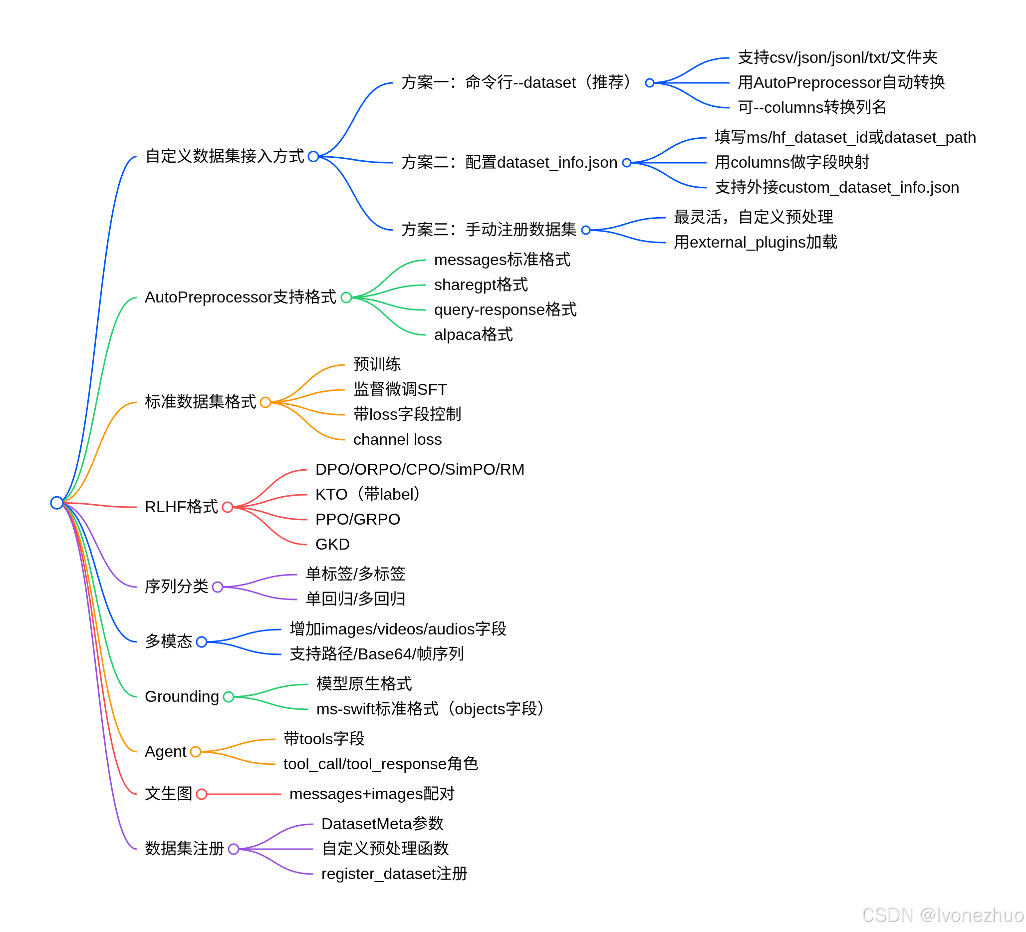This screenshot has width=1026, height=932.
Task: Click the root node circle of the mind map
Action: (56, 503)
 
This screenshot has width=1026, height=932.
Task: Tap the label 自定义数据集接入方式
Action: (225, 156)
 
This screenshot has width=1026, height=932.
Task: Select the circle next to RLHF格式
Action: (228, 507)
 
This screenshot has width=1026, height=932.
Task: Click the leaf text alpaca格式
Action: (473, 335)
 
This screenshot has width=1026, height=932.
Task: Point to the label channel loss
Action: (397, 439)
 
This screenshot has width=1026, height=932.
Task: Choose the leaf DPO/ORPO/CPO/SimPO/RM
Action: (419, 469)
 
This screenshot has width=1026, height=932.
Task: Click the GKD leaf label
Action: (332, 544)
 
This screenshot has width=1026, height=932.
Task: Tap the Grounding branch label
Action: (182, 696)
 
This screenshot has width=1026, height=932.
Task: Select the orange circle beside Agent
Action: (196, 751)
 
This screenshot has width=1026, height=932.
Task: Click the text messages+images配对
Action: (371, 794)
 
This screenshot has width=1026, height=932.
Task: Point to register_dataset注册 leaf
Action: (394, 874)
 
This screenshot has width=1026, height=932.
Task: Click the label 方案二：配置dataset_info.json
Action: (509, 162)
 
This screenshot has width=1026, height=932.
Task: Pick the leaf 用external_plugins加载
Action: (755, 242)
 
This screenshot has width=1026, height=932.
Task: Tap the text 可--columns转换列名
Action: (812, 107)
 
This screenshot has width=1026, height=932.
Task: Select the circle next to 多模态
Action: (202, 642)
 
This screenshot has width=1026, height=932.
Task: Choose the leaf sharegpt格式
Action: (481, 285)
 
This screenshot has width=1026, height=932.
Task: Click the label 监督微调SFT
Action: (400, 389)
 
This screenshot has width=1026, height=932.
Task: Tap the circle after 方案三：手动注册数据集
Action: (586, 230)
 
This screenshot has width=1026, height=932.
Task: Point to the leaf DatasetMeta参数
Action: (382, 824)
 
